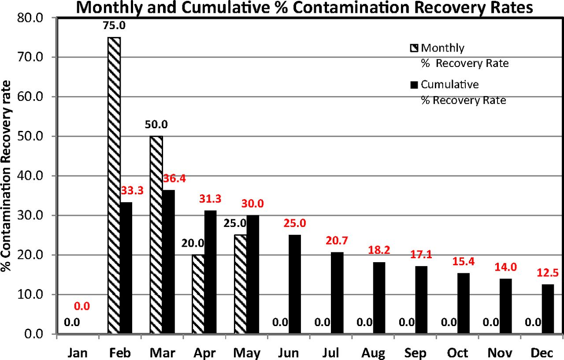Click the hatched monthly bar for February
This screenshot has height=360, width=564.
point(114,185)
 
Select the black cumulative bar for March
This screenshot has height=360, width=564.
point(168,262)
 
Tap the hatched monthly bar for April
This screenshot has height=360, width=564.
point(198,294)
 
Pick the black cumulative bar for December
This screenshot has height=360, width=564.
point(548,309)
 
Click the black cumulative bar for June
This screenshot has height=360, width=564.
point(295,284)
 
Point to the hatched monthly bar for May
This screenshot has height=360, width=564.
point(241,284)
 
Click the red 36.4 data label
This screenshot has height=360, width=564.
point(174,178)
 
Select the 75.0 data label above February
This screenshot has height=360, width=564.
point(114,26)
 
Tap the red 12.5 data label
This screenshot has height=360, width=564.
point(548,273)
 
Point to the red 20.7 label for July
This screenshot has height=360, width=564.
point(337,241)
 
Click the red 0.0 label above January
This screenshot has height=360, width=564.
point(82,306)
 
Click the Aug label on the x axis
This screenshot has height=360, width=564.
point(373,353)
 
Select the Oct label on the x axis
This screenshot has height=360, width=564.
point(457,353)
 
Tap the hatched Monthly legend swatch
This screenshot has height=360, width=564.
point(414,48)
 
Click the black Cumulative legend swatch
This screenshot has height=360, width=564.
point(414,85)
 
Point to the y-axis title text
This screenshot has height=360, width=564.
point(6,176)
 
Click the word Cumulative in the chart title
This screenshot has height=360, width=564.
point(226,8)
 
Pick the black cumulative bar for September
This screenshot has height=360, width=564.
point(421,300)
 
